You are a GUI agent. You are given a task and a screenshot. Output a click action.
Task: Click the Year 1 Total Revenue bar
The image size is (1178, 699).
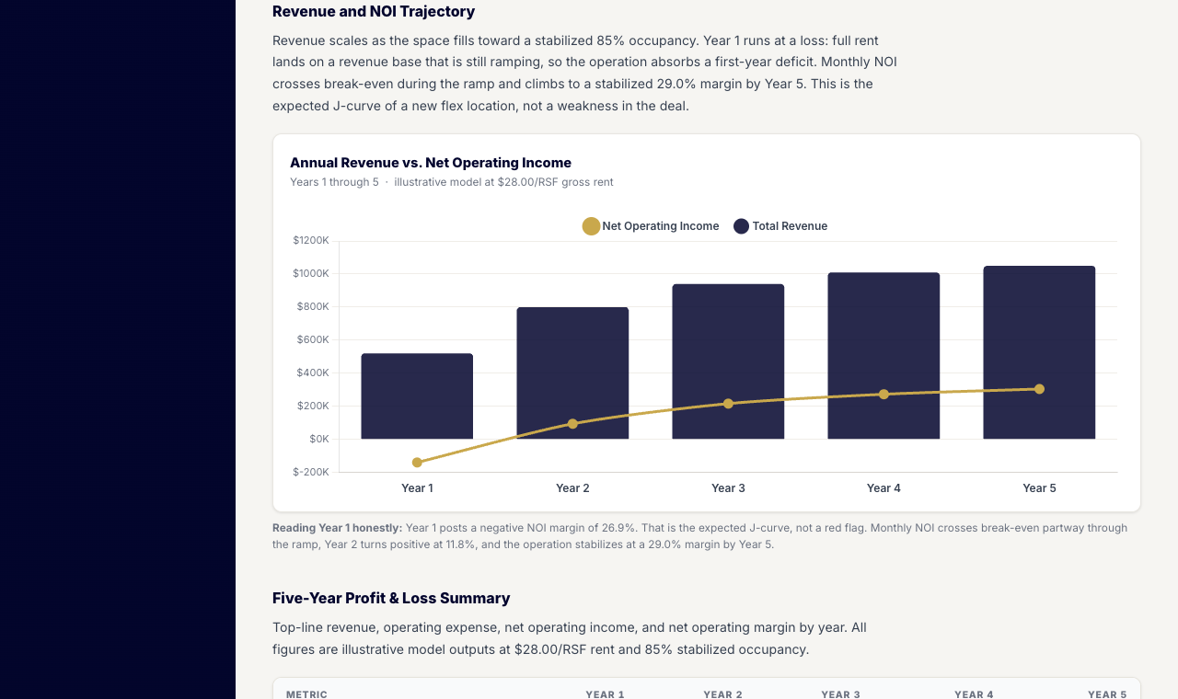417,395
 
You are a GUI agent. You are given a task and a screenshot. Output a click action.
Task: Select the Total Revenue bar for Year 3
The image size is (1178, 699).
728,361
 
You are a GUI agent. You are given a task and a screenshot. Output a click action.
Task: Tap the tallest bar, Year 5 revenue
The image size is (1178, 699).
1039,352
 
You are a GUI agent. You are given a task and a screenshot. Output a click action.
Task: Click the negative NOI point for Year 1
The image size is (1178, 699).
417,463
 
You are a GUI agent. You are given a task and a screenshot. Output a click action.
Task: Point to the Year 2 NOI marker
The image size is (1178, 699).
572,424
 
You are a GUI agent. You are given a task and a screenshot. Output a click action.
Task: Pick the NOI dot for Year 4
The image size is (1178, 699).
883,395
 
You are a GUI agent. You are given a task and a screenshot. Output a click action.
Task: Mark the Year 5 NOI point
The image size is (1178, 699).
1039,389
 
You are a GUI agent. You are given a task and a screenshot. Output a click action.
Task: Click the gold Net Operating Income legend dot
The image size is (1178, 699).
591,226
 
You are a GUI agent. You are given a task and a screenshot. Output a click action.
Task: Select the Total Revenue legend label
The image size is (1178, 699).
790,226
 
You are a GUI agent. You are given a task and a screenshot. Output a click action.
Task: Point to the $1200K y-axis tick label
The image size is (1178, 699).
311,240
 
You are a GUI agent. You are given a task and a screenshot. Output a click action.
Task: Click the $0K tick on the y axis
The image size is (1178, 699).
319,439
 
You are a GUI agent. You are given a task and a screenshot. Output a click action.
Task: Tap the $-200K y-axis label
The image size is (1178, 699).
311,472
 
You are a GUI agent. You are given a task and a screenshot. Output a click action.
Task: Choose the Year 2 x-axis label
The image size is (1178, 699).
572,488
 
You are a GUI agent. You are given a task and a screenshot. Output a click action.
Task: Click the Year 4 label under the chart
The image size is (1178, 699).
883,488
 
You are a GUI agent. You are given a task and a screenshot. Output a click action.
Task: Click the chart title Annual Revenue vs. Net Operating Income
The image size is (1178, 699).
431,163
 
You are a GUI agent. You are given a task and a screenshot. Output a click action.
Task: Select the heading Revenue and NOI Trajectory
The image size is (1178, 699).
374,12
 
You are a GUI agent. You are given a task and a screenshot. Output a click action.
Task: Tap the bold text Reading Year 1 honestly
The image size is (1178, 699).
337,528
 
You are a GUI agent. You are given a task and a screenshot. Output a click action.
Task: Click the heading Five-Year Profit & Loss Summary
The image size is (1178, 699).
391,598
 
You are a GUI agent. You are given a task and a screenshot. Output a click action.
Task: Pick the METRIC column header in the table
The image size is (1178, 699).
306,694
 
